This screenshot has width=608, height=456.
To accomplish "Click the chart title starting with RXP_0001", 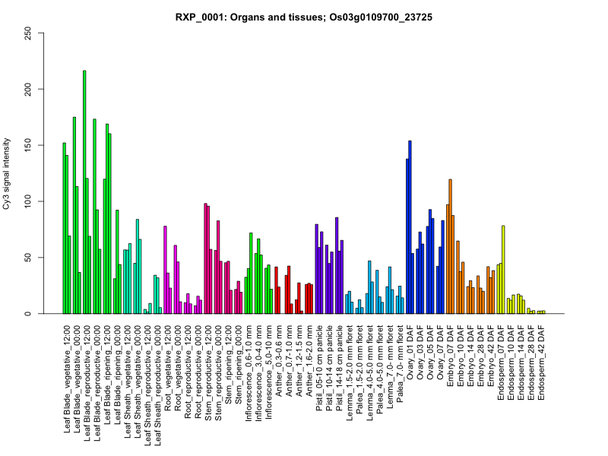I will point(304,16).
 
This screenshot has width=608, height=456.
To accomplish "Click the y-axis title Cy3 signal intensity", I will point(28,173).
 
